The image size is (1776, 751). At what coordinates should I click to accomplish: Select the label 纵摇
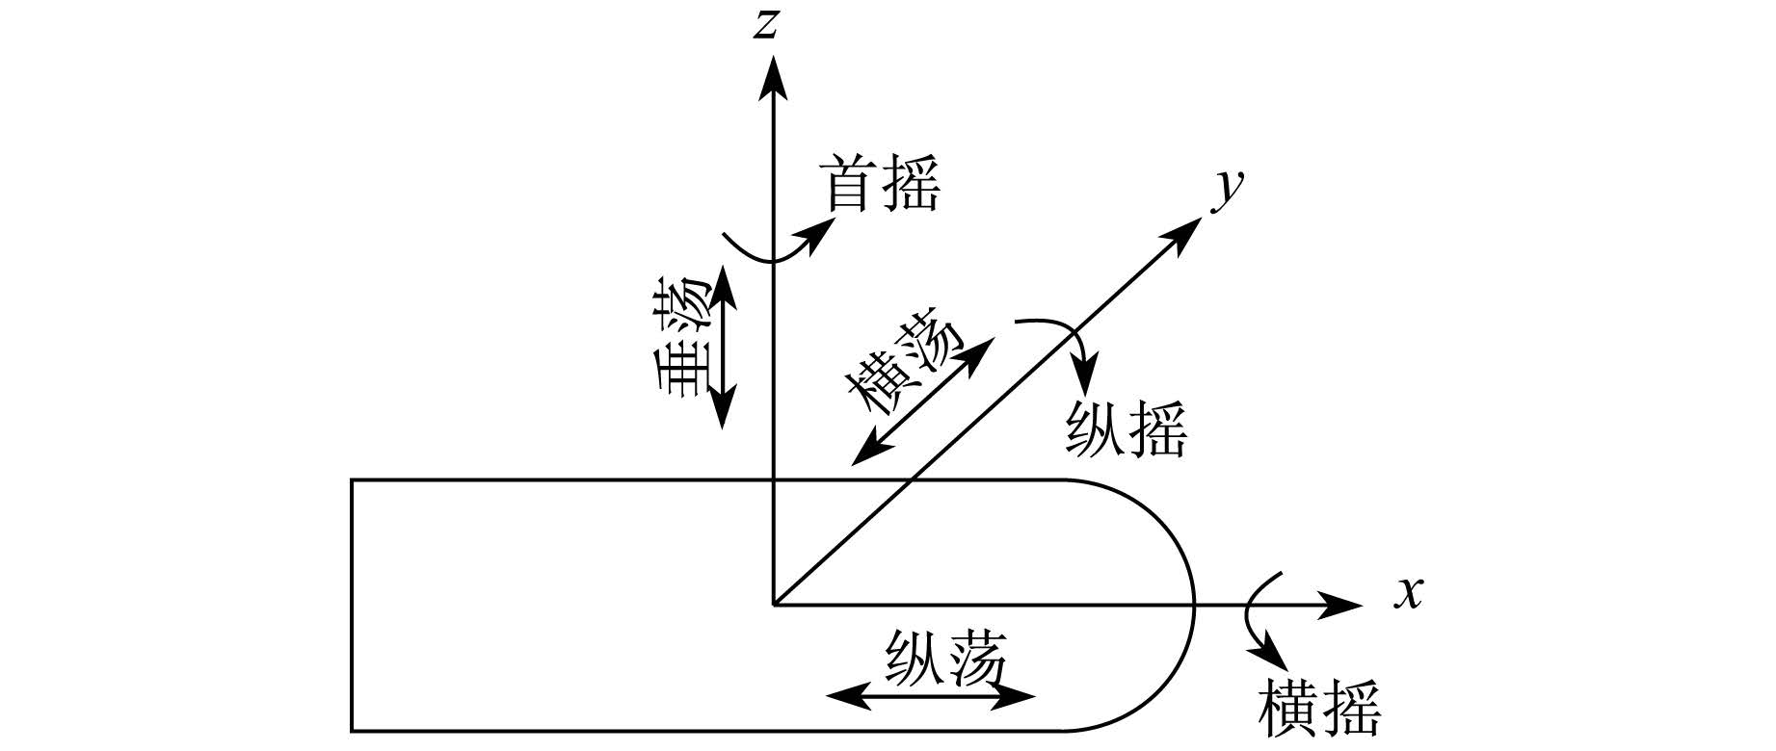tap(1126, 429)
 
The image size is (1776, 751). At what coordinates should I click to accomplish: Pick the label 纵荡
tap(944, 658)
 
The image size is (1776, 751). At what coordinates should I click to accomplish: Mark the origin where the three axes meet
tap(773, 606)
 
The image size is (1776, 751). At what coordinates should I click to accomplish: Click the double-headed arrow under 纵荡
tap(931, 696)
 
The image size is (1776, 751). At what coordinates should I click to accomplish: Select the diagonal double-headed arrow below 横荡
tap(921, 402)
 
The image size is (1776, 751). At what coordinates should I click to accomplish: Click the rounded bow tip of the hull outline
tap(1194, 605)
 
